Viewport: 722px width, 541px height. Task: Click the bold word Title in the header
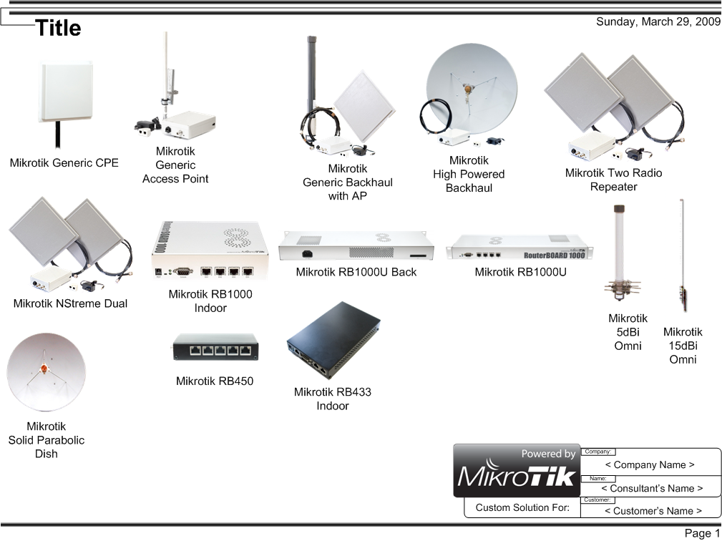(x=58, y=29)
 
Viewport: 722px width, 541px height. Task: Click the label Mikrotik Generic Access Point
(x=175, y=165)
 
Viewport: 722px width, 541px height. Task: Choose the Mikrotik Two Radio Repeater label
(x=613, y=180)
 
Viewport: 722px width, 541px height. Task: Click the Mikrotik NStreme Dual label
(x=70, y=303)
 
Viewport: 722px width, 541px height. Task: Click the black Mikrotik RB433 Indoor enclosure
(x=333, y=340)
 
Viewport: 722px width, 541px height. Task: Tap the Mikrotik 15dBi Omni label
(x=683, y=346)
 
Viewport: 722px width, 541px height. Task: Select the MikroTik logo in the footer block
(x=517, y=476)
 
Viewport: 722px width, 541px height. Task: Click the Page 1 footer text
(x=702, y=533)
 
